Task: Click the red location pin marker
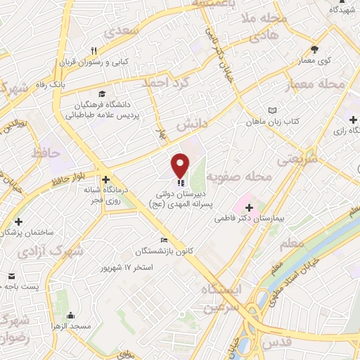[180, 165]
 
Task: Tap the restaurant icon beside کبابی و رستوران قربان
[93, 50]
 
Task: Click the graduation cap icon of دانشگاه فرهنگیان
[103, 94]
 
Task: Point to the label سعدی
[122, 32]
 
